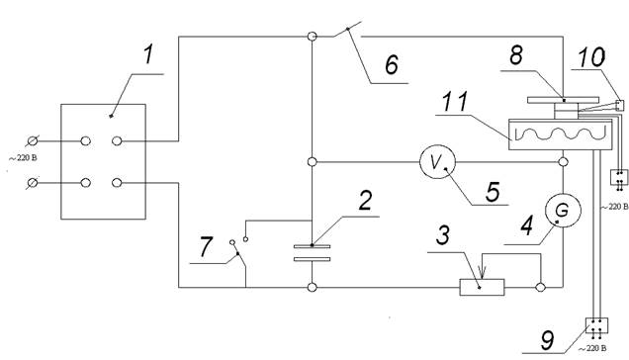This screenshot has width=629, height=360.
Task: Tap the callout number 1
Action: (x=148, y=54)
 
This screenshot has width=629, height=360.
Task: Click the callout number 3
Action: (x=442, y=234)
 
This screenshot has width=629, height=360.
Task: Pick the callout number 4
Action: (x=527, y=225)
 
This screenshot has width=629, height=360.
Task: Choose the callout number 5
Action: (x=493, y=192)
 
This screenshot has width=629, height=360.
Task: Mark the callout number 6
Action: (x=392, y=64)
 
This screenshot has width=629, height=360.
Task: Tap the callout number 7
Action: (x=206, y=246)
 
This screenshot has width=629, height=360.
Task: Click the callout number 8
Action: (x=516, y=55)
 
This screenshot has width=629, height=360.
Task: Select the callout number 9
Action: (x=548, y=341)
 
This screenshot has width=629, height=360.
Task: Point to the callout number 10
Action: (x=591, y=57)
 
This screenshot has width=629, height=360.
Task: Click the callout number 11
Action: (x=455, y=102)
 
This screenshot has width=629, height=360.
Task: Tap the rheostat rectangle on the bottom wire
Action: (x=482, y=288)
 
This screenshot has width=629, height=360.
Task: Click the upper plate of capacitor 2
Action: (x=313, y=246)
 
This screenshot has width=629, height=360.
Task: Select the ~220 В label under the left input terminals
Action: (x=23, y=158)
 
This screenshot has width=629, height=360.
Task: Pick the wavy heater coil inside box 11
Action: (x=560, y=135)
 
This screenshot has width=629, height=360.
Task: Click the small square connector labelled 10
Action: (x=620, y=105)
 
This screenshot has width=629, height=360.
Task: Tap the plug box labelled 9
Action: (x=597, y=325)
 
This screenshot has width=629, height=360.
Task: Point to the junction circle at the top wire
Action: (x=313, y=37)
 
